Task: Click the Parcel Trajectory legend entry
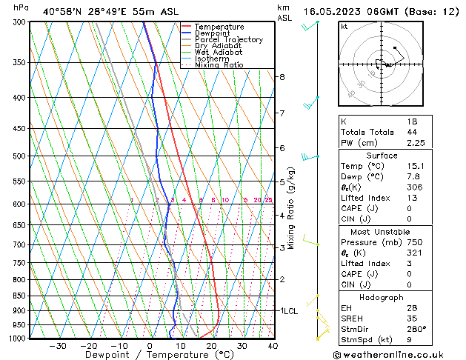pos(228,39)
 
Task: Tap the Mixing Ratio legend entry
pos(219,65)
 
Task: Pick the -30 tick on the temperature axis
pos(57,346)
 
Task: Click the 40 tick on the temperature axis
pos(273,346)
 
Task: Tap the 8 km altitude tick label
pos(282,77)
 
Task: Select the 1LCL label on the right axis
pos(289,311)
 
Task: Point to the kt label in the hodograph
pos(344,27)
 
